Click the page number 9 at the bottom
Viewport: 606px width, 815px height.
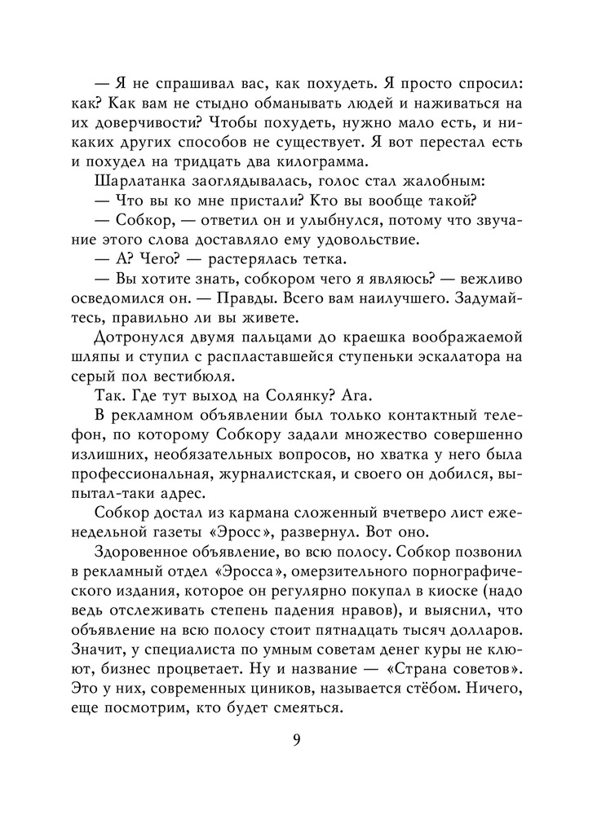(296, 740)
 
